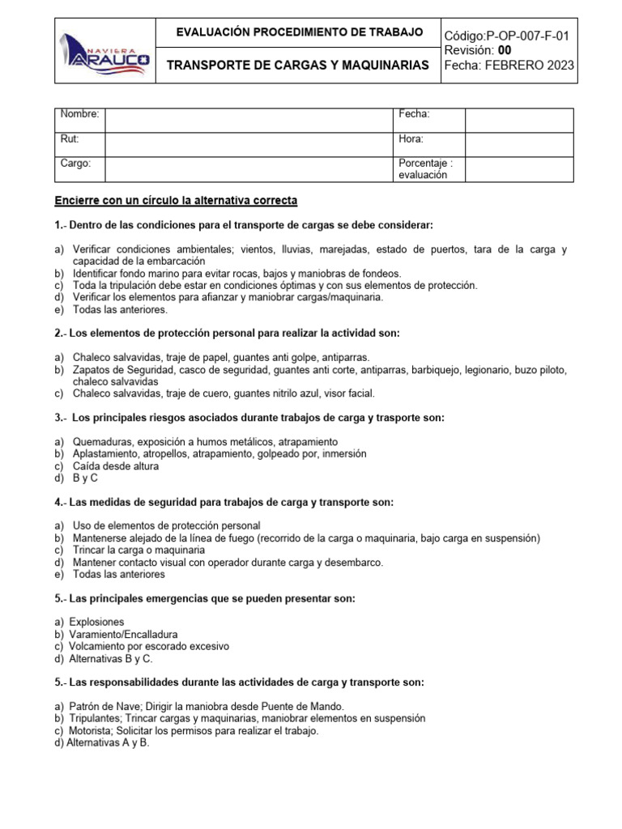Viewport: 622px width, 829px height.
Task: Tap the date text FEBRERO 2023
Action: click(530, 66)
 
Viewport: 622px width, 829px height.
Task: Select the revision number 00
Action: click(504, 51)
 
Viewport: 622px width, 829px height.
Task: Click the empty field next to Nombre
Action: click(248, 120)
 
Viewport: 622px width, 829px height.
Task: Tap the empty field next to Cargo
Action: click(248, 168)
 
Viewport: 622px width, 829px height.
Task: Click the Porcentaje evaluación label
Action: click(425, 168)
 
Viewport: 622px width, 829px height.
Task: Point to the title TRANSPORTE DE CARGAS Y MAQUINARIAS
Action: click(297, 65)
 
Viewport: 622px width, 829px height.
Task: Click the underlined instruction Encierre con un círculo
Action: click(176, 199)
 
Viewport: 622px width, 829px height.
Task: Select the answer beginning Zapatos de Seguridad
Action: click(316, 369)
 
